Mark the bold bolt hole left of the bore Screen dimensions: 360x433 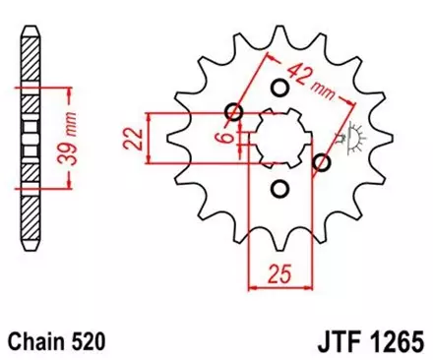[233, 110]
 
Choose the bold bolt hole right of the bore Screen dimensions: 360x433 [320, 161]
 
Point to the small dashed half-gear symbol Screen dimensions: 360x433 [351, 136]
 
